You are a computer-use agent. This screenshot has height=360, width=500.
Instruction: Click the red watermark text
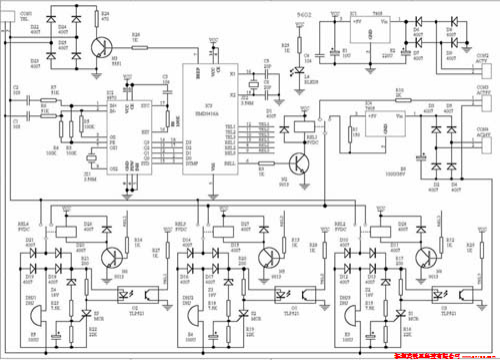[434, 353]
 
